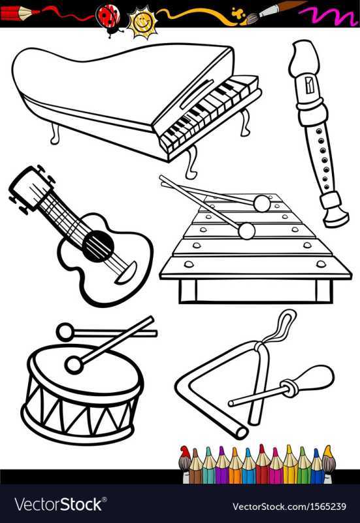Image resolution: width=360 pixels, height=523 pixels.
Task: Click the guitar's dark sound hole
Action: click(98, 246)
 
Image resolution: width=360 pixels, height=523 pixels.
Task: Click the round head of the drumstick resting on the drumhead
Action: click(74, 365)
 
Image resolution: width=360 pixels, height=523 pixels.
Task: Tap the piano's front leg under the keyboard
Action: click(191, 162)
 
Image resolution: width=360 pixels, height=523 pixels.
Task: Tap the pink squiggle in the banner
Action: click(328, 14)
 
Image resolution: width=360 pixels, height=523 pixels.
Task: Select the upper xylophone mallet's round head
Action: click(261, 203)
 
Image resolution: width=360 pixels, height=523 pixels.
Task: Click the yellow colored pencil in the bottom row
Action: click(289, 464)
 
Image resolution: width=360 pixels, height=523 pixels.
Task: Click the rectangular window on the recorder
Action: click(310, 86)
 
